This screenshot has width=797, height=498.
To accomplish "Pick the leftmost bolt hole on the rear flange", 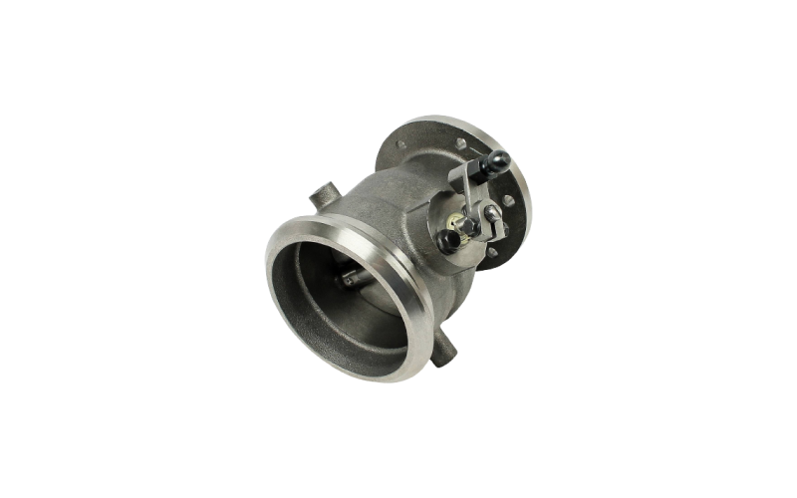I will [x=400, y=146].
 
